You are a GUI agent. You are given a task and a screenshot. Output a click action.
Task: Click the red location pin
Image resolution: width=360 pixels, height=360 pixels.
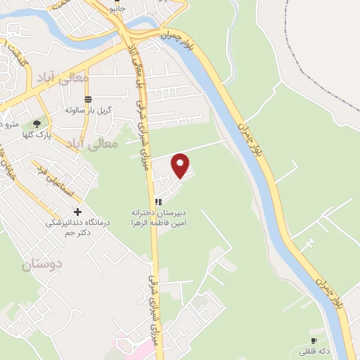tap(181, 165)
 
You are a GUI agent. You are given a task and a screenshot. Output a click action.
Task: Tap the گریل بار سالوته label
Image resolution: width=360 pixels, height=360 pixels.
tap(85, 110)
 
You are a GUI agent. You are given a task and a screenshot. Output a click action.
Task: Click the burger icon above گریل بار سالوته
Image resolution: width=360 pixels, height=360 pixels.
tap(87, 99)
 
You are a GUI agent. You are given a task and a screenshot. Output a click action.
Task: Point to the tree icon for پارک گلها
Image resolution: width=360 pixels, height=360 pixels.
tap(37, 124)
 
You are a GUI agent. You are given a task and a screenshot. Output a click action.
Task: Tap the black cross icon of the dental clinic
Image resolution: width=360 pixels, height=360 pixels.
tap(77, 212)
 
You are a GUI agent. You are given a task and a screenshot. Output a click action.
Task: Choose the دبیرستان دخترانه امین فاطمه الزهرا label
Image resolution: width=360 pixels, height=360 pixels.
tap(157, 217)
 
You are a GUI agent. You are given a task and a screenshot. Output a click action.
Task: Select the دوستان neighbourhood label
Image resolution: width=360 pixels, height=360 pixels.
tap(42, 264)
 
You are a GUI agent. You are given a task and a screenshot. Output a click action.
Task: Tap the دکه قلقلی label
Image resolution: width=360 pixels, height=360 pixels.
tap(312, 350)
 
